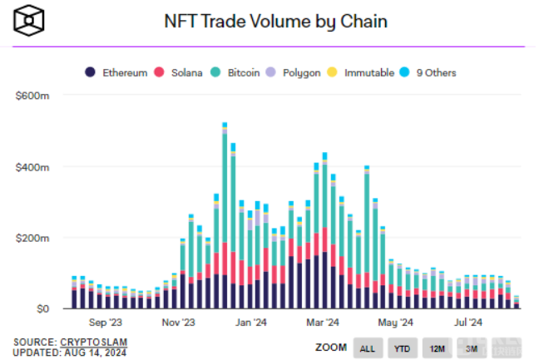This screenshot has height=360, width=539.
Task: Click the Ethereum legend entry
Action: (118, 72)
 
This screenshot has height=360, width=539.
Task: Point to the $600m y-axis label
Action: (32, 96)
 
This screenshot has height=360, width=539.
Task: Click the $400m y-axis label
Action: (32, 167)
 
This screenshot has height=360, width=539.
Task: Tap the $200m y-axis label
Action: (32, 238)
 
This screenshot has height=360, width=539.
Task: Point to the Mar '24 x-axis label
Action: (323, 323)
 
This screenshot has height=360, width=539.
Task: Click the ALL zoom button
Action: (367, 348)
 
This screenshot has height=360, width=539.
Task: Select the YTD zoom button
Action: (401, 348)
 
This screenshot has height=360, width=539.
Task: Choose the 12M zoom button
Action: (436, 348)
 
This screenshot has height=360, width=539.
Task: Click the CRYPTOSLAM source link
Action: (94, 342)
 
